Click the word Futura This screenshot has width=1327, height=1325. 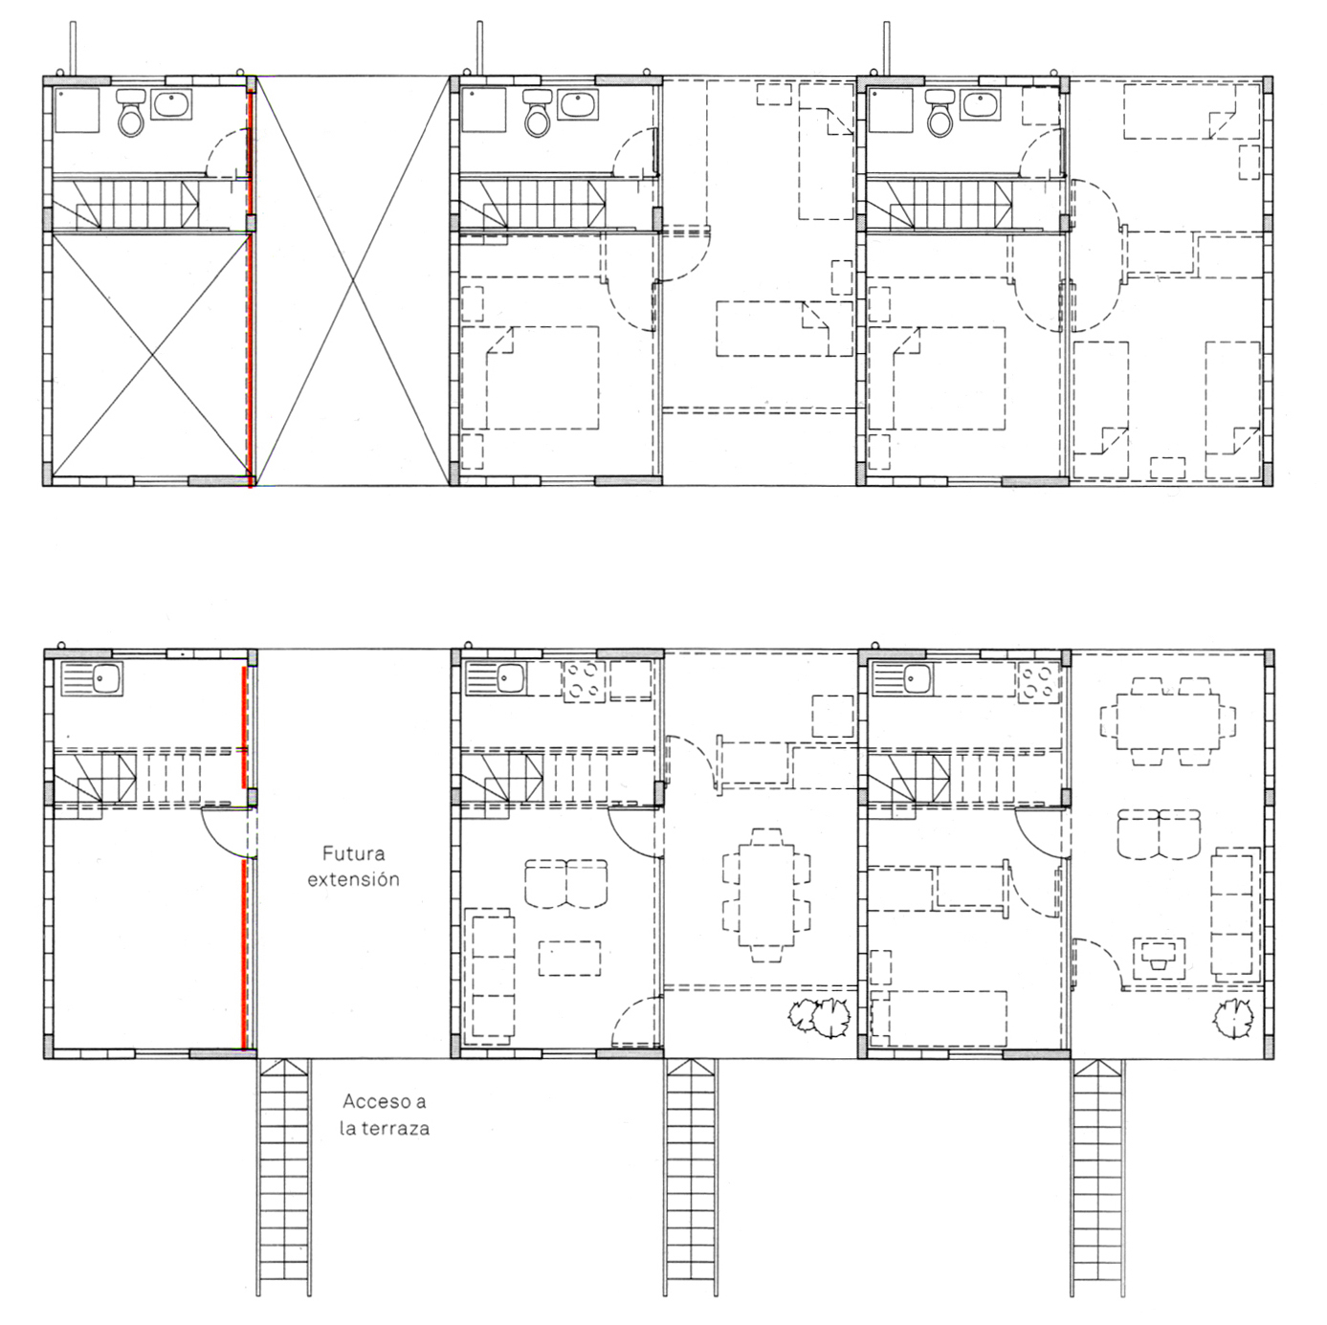coord(353,854)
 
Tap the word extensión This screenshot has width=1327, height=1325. coord(353,879)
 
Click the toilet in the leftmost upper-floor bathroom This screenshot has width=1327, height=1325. coord(130,113)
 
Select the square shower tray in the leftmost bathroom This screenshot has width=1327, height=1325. coord(77,109)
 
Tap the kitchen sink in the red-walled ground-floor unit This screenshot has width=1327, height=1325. coord(92,678)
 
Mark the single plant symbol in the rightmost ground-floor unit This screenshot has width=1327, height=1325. coord(1232,1020)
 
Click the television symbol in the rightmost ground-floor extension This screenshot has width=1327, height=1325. coord(1159,958)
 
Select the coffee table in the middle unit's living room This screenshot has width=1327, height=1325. coord(569,958)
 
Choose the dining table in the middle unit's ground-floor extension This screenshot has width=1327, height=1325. coord(765,895)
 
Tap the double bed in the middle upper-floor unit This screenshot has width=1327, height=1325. coord(530,378)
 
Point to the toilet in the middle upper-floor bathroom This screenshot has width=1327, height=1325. coord(537,113)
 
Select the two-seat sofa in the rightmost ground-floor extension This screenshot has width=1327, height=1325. coord(1159,834)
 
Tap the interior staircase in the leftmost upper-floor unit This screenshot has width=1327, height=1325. coord(126,205)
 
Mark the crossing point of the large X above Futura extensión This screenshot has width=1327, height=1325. coord(353,280)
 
